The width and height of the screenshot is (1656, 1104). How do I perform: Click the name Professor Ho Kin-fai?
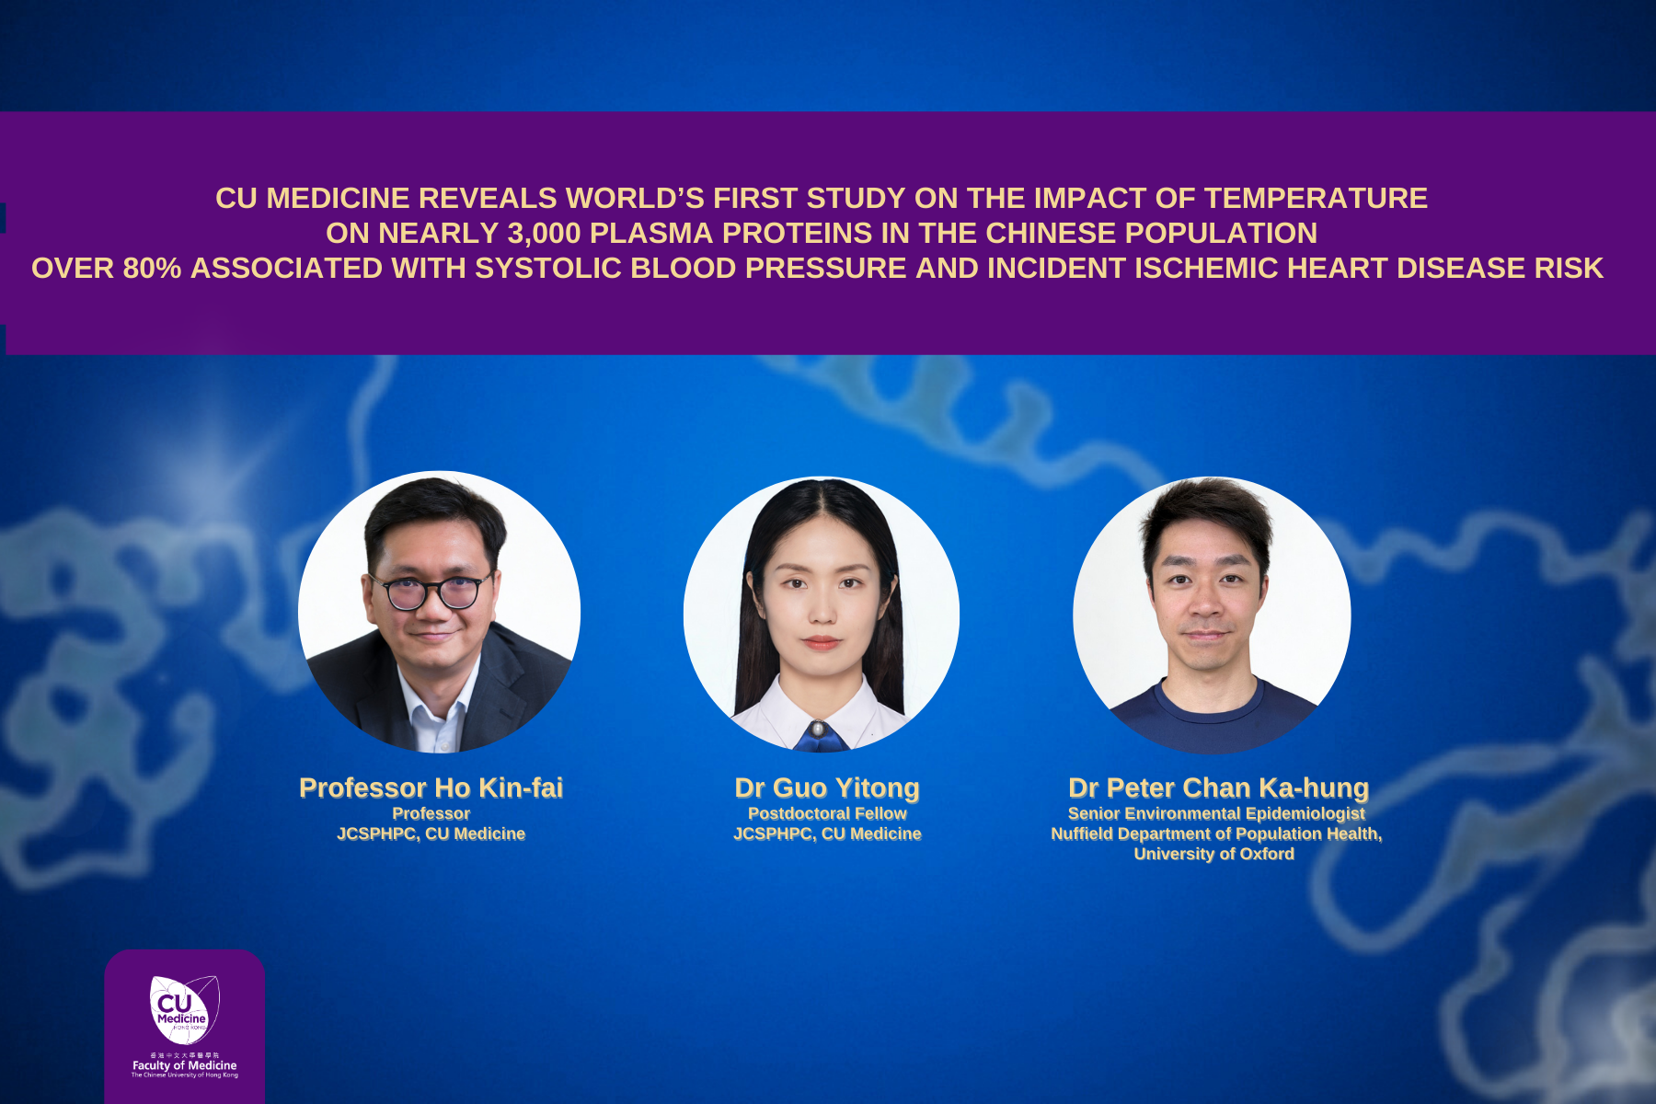click(431, 788)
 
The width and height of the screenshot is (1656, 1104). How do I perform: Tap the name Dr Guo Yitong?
click(827, 788)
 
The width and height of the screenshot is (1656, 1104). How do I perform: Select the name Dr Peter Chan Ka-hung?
click(1218, 788)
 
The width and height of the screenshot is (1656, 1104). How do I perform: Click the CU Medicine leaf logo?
click(184, 1010)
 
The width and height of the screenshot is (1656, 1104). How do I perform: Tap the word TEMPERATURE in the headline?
click(1317, 198)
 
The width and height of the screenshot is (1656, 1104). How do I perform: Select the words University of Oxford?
click(1214, 854)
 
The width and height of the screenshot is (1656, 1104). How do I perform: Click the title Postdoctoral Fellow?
click(827, 813)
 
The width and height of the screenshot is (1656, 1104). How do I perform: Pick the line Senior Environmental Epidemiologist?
click(1216, 813)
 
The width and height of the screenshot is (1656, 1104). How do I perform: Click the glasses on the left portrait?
click(431, 591)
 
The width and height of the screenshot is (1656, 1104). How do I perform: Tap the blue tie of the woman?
click(821, 736)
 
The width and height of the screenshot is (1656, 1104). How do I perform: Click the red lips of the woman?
click(822, 642)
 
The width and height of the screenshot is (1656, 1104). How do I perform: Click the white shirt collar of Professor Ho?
click(440, 704)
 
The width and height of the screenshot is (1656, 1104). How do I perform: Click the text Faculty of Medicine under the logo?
click(184, 1065)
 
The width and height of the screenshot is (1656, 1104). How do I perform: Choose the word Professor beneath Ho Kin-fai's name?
click(431, 813)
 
